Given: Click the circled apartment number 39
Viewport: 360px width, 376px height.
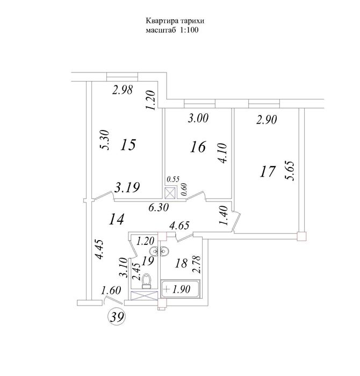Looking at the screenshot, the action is (x=117, y=317).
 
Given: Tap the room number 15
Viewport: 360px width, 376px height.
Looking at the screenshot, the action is (x=128, y=144).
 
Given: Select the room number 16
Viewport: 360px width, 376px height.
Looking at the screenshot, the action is (x=198, y=147).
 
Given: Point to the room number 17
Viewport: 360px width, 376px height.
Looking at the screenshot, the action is (x=267, y=172).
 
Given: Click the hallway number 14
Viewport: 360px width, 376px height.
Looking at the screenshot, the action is (x=116, y=219).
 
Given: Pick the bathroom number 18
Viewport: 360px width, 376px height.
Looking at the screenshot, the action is (x=181, y=263).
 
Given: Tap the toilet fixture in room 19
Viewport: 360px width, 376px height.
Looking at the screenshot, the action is (x=146, y=281).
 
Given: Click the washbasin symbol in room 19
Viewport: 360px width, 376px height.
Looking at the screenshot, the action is (x=159, y=251).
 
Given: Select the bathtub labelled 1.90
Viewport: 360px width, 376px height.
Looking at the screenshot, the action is (x=180, y=289).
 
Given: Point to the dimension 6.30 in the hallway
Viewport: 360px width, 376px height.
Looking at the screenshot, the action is (x=159, y=207).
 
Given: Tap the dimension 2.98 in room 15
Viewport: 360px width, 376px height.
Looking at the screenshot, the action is (x=123, y=90).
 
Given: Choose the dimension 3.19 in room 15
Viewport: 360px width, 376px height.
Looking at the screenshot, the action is (x=127, y=187).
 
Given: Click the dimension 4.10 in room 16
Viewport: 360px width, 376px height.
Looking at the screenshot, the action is (x=221, y=153).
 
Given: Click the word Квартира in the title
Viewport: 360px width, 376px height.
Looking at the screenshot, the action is (x=161, y=21).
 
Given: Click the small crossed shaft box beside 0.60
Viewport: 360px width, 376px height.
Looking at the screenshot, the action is (x=170, y=193).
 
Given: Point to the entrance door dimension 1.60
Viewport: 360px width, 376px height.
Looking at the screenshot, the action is (x=111, y=291).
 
